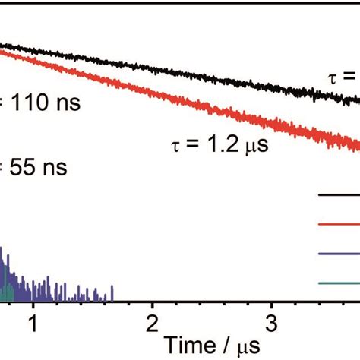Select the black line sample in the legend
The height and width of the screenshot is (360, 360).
[338, 194]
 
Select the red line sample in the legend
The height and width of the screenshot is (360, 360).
[338, 223]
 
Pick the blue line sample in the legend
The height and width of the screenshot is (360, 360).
[338, 254]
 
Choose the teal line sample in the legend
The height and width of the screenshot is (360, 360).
[338, 283]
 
